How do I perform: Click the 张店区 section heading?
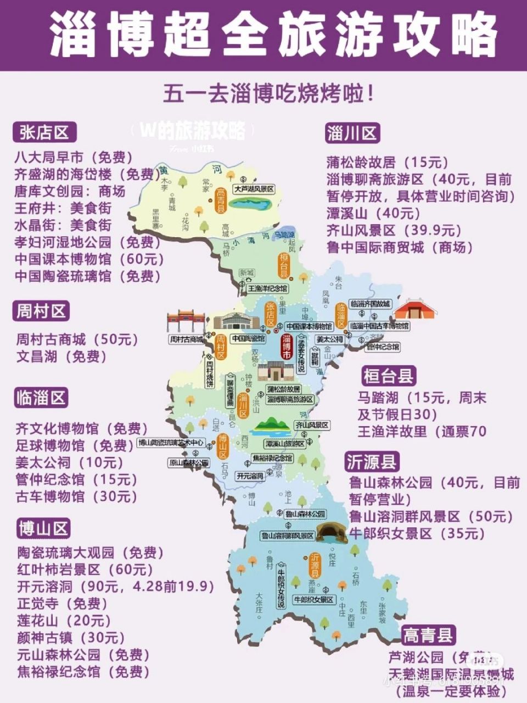44,132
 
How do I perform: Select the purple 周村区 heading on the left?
42,311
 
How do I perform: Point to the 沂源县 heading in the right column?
372,462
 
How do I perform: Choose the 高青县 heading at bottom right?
429,635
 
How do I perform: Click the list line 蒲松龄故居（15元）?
388,162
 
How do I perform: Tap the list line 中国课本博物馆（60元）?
89,259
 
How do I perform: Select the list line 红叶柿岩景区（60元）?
86,570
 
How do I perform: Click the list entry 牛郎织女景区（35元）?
418,533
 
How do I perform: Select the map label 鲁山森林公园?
305,514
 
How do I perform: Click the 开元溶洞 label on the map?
250,476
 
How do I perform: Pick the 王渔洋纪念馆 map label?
268,288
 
